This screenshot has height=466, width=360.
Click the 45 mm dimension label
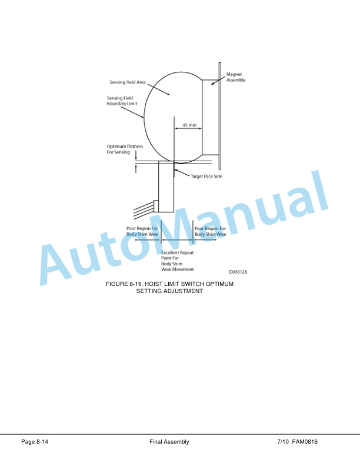[189, 125]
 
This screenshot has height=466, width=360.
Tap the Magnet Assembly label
[236, 77]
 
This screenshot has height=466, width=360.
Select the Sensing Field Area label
[128, 82]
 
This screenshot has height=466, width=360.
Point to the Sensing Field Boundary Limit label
[122, 101]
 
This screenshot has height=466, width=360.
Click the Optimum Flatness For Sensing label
[125, 149]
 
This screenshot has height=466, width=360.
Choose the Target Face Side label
[206, 177]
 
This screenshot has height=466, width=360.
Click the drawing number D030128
[238, 272]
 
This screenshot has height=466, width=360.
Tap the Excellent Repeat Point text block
[177, 261]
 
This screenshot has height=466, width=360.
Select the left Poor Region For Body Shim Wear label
[142, 231]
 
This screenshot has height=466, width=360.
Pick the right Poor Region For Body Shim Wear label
[211, 231]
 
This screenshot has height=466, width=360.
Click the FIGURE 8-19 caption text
[169, 287]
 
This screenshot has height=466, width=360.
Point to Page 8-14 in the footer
[35, 442]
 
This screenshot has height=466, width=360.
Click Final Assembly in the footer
[169, 442]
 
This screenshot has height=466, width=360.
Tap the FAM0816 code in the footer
[305, 442]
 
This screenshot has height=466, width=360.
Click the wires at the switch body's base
[144, 210]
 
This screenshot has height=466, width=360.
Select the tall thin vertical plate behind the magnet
[220, 116]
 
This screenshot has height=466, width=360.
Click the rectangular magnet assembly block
[211, 117]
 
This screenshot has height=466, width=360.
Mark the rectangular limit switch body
[166, 187]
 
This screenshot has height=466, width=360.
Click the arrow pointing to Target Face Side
[182, 173]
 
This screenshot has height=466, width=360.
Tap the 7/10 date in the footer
[283, 442]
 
